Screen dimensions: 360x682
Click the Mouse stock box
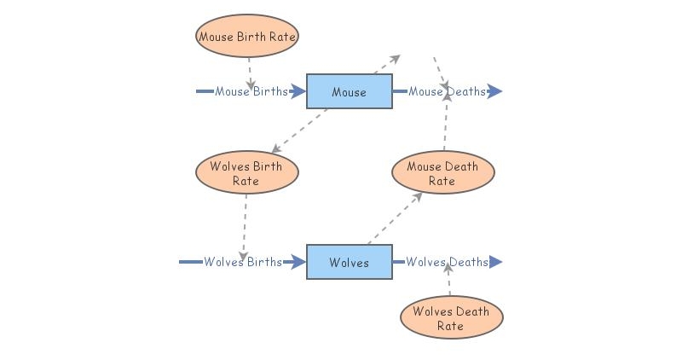pos(349,91)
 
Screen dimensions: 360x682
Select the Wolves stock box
pos(349,262)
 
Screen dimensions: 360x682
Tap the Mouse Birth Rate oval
pos(247,37)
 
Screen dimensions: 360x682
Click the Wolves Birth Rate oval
pos(247,173)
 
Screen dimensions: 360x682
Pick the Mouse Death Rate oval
pos(442,173)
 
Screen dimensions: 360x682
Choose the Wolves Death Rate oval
pos(451,318)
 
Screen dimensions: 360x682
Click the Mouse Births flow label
pos(251,91)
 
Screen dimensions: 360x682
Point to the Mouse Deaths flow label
pos(447,91)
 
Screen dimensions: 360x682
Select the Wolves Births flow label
pos(242,262)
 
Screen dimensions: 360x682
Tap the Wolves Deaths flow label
pos(447,262)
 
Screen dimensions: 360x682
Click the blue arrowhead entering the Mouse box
pos(298,91)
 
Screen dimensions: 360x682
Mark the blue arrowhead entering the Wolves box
pos(298,262)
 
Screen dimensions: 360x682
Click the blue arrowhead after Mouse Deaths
pos(494,91)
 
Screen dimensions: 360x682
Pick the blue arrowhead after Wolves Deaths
pos(494,262)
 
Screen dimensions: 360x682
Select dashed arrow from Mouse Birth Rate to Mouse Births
pos(249,71)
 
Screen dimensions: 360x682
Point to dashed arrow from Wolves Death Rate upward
pos(448,282)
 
